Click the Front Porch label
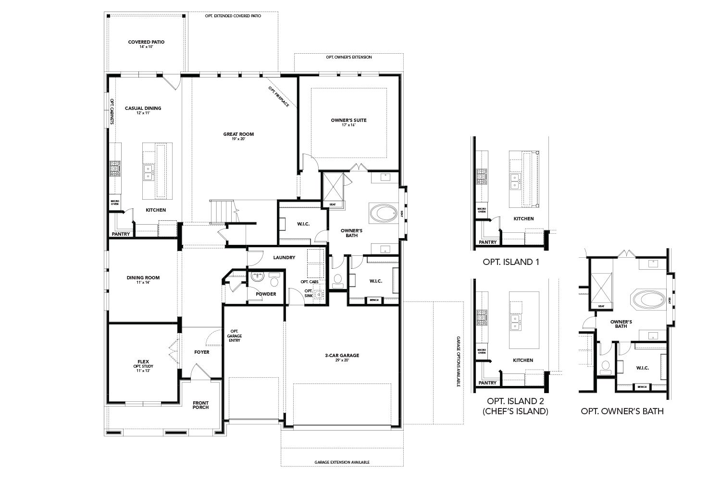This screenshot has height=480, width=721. pyautogui.click(x=200, y=405)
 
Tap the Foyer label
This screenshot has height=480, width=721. pyautogui.click(x=202, y=352)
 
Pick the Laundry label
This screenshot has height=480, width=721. pyautogui.click(x=284, y=257)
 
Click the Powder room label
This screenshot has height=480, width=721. pyautogui.click(x=266, y=294)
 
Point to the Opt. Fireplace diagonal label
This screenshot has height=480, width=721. pyautogui.click(x=279, y=96)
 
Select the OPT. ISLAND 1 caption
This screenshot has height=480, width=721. pyautogui.click(x=511, y=262)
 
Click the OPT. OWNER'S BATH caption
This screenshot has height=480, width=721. pyautogui.click(x=622, y=411)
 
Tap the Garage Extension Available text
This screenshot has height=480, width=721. pyautogui.click(x=342, y=462)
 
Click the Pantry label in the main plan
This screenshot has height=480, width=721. pyautogui.click(x=121, y=234)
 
